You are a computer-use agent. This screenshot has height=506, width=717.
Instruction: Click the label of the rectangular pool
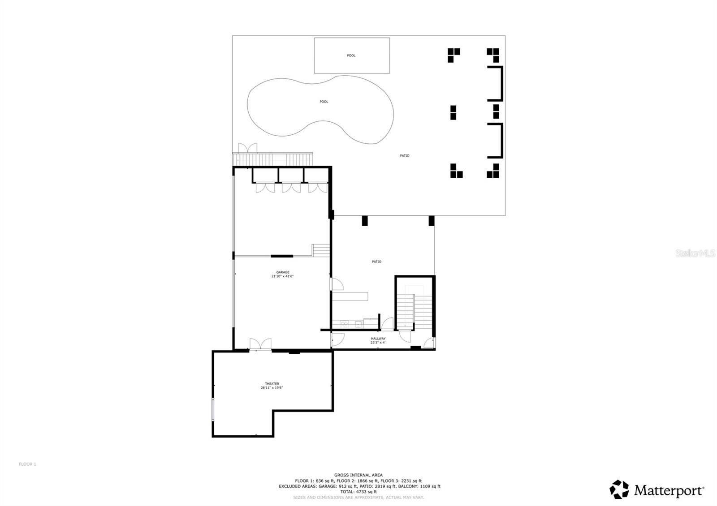coord(351,56)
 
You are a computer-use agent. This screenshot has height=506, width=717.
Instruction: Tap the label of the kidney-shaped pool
coord(324,102)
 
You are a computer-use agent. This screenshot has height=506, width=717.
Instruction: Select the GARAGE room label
coord(282,272)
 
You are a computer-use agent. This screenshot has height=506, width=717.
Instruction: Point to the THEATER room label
coord(272,384)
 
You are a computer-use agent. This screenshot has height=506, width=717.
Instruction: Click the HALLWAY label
coord(378,339)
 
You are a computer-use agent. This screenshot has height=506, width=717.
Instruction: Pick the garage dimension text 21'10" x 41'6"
coord(282,276)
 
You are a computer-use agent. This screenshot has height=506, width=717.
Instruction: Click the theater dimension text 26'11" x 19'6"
coord(272,388)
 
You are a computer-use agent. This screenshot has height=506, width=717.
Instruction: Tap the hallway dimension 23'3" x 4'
coord(378,343)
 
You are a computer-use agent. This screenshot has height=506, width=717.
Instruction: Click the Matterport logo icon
coord(619,489)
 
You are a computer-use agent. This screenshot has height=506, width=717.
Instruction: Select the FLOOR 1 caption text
coord(27,464)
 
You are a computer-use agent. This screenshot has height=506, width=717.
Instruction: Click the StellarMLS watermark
coord(695,253)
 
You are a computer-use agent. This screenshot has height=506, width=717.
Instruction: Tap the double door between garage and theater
coord(260,344)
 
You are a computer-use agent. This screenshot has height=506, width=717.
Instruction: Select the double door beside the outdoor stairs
coord(247,148)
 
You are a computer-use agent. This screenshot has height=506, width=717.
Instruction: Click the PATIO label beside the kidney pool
coord(404,156)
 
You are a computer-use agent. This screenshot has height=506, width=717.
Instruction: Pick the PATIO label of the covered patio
coord(376,262)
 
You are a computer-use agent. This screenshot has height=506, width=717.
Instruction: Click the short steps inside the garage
coord(321,250)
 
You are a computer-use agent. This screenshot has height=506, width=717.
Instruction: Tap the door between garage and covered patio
coord(336,284)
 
